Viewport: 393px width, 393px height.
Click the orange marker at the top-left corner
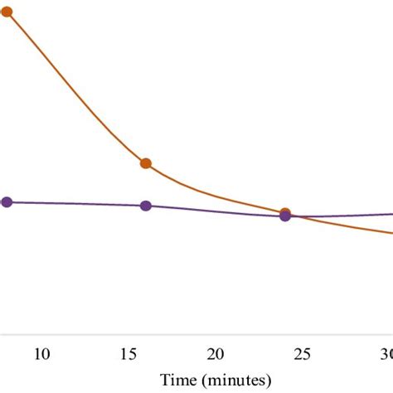(7, 12)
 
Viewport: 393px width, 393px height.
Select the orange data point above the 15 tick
(146, 163)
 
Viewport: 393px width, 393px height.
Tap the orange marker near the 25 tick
(285, 213)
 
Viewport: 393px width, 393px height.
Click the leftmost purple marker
(7, 201)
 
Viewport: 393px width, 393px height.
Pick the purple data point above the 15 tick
(146, 206)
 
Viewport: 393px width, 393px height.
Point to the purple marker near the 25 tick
(285, 216)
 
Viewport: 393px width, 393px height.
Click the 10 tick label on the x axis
(42, 354)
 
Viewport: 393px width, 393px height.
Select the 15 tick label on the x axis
(129, 354)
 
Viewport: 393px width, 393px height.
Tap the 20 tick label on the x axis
(216, 354)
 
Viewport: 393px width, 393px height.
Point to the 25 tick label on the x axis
(303, 354)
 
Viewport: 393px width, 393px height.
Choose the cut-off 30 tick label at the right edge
(386, 354)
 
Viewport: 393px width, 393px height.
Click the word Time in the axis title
(178, 380)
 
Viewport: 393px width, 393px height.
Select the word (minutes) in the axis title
(235, 380)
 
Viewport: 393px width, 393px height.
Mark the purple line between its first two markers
(75, 203)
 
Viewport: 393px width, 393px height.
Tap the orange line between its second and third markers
(216, 197)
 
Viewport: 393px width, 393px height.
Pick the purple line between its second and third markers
(216, 211)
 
